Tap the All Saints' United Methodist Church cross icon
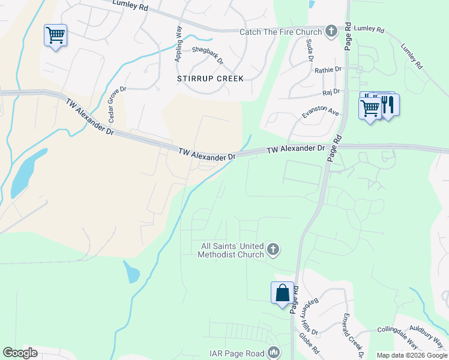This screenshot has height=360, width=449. [x=273, y=250]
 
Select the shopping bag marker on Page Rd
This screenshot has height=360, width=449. [x=282, y=293]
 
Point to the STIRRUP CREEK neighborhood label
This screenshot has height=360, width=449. [x=210, y=79]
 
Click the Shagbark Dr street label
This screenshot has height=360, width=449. [x=207, y=56]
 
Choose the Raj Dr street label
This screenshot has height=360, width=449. [x=331, y=92]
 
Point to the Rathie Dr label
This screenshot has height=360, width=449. [x=328, y=70]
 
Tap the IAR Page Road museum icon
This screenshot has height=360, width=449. [x=274, y=353]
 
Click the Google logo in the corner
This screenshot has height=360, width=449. [x=20, y=353]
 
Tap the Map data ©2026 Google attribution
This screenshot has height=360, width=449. [x=412, y=355]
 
